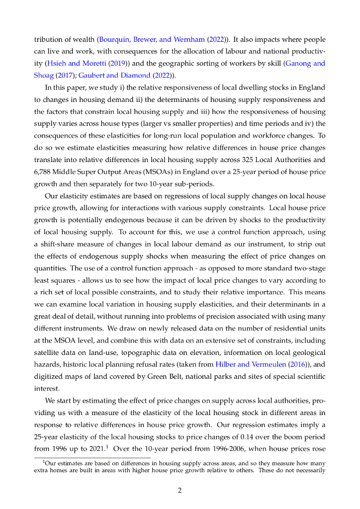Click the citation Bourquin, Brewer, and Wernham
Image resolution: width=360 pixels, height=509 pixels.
pos(148,39)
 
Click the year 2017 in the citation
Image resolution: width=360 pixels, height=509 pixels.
pos(62,75)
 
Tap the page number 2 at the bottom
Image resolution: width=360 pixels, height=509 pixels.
pos(180,491)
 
